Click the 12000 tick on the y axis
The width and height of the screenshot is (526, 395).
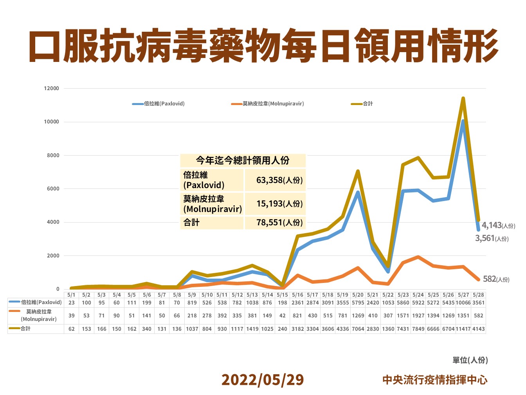coord(51,89)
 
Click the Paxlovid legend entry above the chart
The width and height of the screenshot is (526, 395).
coord(159,104)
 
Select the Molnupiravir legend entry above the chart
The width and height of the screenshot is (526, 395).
coord(268,104)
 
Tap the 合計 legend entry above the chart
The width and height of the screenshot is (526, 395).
coord(362,104)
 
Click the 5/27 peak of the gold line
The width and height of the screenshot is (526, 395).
coord(463,98)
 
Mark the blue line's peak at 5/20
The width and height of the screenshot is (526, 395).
coord(358,192)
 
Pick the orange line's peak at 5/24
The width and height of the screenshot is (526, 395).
coord(418,257)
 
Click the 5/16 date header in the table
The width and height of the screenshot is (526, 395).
coord(297,295)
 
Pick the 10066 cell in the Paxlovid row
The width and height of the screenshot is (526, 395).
coord(463,303)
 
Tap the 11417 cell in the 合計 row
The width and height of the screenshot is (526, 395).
coord(463,329)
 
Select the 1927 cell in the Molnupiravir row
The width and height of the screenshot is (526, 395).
coord(418,316)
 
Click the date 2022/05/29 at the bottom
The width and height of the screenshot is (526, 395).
coord(262,380)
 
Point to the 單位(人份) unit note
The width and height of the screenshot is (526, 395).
coord(470,360)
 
